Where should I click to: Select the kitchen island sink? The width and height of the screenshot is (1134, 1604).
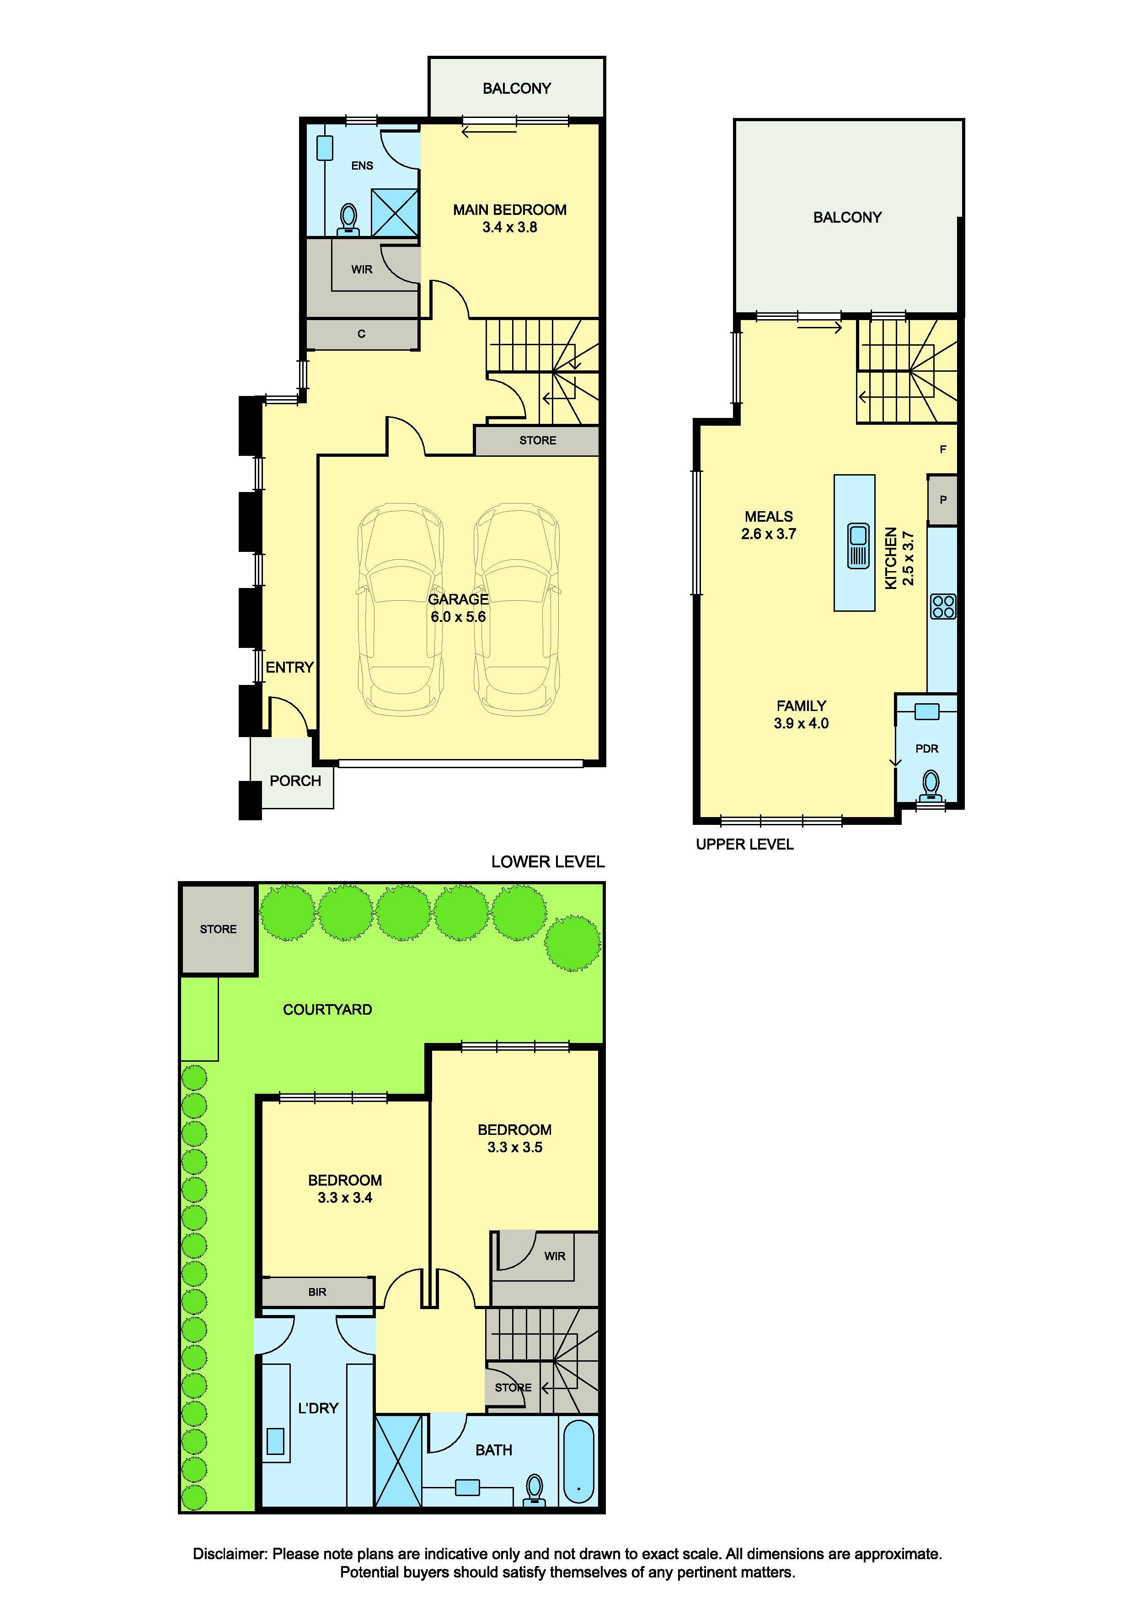point(857,545)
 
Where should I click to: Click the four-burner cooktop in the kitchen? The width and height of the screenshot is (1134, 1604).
point(942,606)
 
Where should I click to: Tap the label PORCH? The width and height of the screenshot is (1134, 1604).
point(295,781)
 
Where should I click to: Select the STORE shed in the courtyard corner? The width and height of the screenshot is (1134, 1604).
point(218,929)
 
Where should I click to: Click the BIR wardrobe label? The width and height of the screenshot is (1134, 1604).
point(317,1292)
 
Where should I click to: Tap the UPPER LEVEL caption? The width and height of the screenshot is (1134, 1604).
point(745,844)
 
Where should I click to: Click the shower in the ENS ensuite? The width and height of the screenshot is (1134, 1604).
point(395,212)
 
